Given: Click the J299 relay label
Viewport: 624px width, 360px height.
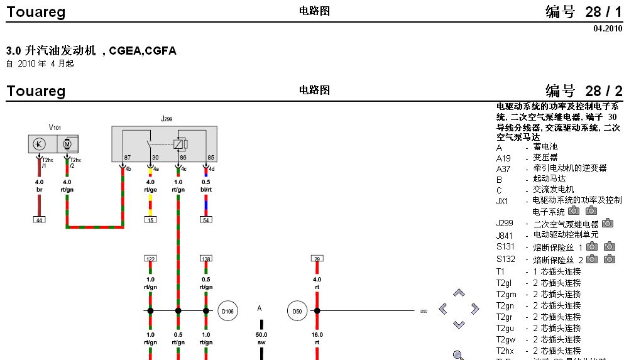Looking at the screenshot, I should [x=166, y=119].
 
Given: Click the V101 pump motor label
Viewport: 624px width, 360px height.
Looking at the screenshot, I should [x=55, y=128].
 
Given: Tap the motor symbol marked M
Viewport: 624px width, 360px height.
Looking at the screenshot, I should [x=68, y=145].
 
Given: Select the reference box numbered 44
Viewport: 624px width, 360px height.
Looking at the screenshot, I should [x=39, y=219].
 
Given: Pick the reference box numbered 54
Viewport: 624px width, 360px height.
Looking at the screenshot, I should [x=205, y=219].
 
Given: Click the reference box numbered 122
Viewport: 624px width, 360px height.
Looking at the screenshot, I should [x=150, y=258].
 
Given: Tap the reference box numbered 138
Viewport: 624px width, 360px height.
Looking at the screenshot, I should [x=205, y=258].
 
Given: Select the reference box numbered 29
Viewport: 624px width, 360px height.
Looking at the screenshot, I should [x=317, y=258].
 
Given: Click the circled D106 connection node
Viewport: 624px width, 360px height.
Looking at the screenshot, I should [x=227, y=310].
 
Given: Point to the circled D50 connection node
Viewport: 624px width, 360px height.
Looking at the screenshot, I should [x=297, y=310].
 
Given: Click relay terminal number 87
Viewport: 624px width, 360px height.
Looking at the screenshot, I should [x=127, y=157].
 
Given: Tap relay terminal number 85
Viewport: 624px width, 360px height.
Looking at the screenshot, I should [x=211, y=157].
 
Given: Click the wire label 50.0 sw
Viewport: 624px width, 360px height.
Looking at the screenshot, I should [x=261, y=339].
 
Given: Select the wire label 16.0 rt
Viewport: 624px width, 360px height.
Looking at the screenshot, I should [x=317, y=339].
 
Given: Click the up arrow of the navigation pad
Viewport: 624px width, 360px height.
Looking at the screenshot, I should [x=459, y=293].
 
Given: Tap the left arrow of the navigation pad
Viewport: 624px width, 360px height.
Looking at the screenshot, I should [x=443, y=308].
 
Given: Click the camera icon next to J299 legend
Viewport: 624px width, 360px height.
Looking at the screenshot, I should [x=607, y=223].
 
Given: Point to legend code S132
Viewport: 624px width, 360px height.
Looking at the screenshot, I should [x=505, y=259].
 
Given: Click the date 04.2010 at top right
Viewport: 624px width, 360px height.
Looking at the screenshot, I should [x=607, y=29].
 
